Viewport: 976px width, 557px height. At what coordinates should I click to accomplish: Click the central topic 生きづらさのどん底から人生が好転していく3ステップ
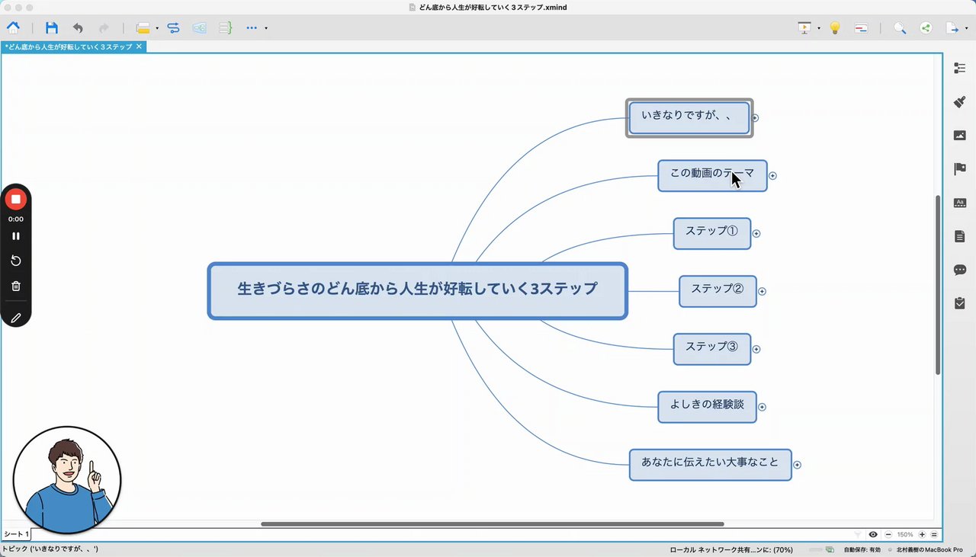pos(417,290)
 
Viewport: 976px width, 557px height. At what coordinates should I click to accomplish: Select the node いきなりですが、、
pos(689,117)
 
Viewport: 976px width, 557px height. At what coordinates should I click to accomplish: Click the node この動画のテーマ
pos(711,175)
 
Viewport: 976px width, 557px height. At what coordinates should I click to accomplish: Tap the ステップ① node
pos(711,233)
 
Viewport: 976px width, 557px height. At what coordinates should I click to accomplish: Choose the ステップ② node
pos(717,291)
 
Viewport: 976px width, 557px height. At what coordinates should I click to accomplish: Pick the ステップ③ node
pos(711,348)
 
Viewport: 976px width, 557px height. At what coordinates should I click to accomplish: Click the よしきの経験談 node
pos(707,406)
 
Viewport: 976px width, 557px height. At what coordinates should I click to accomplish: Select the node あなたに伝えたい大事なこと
pos(709,464)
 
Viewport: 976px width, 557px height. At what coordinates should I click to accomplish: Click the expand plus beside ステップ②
pos(762,291)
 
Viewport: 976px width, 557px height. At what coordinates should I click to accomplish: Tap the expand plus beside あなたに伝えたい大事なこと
pos(797,464)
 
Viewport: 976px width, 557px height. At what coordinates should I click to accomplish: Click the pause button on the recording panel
pos(16,236)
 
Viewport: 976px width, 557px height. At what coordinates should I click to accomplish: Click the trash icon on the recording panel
pos(16,287)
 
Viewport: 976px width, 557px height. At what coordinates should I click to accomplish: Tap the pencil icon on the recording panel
pos(16,318)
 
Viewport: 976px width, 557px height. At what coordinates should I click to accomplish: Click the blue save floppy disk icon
pos(52,28)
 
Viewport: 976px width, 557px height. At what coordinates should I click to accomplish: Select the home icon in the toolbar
pos(14,28)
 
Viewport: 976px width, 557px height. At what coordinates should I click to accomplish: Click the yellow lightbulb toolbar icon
pos(835,28)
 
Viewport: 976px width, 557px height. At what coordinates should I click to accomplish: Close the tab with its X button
pos(139,46)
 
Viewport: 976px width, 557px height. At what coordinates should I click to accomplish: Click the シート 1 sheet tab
pos(16,534)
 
